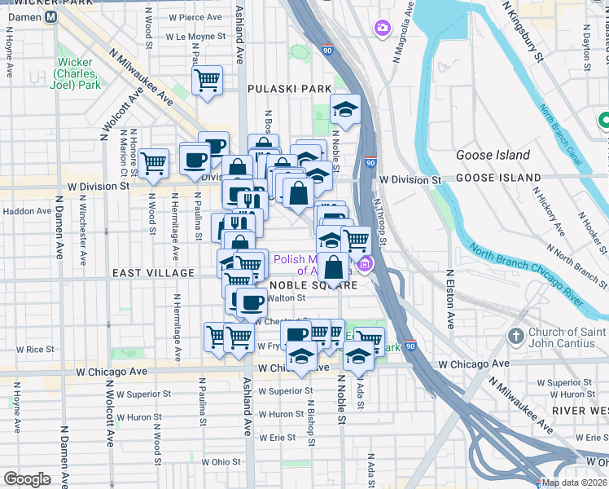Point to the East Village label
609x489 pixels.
154,274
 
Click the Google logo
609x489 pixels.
27,478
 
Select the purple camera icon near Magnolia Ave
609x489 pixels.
382,30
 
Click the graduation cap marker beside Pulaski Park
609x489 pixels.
345,109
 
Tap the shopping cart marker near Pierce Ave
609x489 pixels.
208,80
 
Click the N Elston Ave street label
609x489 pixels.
449,301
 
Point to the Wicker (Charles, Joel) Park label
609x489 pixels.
79,73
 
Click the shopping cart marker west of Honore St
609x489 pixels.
154,163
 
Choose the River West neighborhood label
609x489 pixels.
579,410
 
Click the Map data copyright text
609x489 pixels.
575,482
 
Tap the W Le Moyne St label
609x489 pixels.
195,37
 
